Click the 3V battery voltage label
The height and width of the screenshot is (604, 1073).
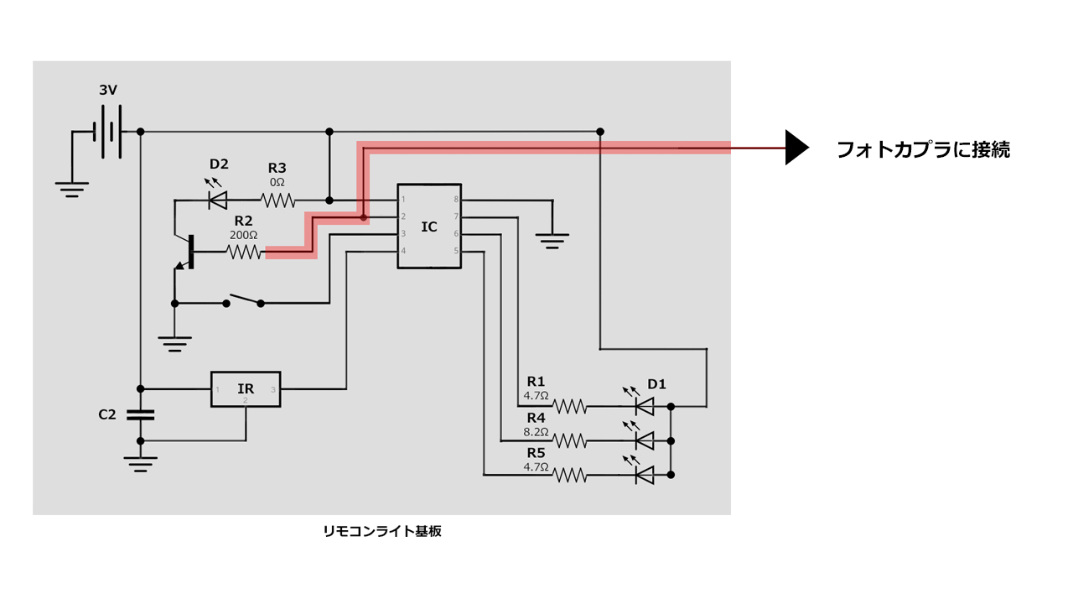(x=108, y=90)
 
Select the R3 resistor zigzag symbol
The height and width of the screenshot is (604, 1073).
(x=277, y=200)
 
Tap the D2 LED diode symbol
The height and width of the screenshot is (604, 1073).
(x=218, y=200)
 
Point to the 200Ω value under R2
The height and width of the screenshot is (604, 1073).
(x=243, y=235)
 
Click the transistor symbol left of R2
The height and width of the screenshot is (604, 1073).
(x=186, y=252)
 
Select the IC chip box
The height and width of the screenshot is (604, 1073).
(x=428, y=226)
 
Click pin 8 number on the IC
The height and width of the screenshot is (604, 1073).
(x=456, y=200)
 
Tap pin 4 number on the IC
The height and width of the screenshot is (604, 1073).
(x=403, y=251)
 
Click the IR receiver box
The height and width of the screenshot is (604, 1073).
(x=246, y=389)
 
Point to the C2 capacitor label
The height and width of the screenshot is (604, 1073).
(x=107, y=414)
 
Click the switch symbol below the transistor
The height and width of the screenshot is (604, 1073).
(x=243, y=299)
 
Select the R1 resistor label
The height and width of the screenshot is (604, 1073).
(x=536, y=382)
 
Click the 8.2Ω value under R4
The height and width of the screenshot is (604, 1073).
(x=536, y=432)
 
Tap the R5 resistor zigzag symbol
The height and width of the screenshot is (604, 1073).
(x=569, y=475)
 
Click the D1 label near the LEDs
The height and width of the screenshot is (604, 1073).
(x=656, y=384)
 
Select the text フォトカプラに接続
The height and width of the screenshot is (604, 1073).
(x=923, y=150)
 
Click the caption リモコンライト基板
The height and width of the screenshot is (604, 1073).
(x=382, y=531)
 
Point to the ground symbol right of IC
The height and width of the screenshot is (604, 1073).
(x=551, y=240)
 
